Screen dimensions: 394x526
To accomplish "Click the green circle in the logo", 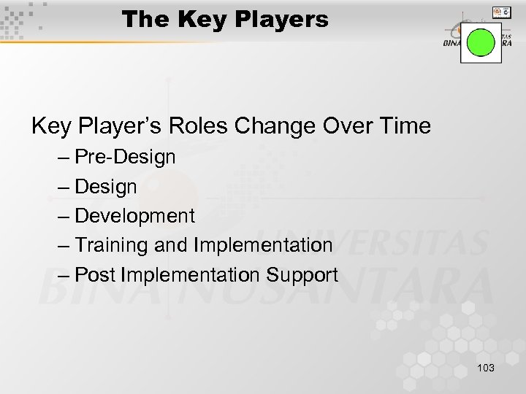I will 481,42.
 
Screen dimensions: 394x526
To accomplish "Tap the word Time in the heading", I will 404,126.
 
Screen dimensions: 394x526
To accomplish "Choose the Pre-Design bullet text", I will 125,157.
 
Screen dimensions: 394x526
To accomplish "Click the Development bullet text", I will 135,216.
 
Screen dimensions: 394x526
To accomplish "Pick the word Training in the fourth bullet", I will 112,245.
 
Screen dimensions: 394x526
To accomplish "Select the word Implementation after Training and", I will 263,245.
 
